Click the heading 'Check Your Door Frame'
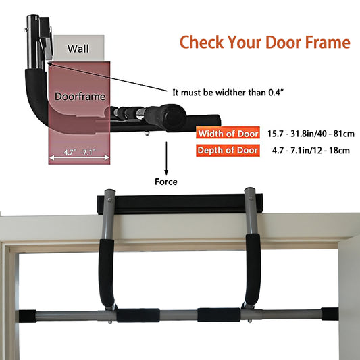pos(265,43)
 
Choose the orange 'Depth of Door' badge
pos(228,150)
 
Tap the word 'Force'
pos(165,181)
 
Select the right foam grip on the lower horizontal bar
pos(218,315)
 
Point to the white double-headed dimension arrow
pos(80,157)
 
